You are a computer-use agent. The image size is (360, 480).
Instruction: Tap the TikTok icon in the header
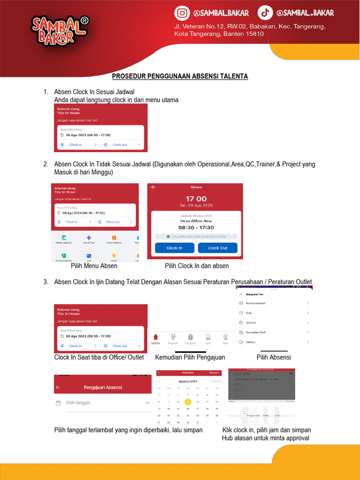(266, 13)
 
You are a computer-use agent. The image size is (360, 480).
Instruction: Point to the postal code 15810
(253, 34)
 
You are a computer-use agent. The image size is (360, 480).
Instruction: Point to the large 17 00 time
(196, 199)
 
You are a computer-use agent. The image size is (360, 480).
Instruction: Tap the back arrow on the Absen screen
(153, 187)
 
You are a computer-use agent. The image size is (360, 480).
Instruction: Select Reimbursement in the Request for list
(255, 303)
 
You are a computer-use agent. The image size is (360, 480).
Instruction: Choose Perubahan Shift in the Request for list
(256, 332)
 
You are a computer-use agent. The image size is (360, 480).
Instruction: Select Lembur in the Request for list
(250, 342)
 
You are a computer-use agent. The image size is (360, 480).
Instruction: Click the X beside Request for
(241, 294)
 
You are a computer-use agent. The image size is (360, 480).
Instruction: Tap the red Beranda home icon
(156, 337)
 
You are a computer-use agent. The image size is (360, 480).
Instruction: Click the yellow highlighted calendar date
(188, 402)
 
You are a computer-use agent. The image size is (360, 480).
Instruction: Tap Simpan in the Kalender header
(214, 373)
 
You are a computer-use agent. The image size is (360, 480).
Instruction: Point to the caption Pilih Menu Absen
(94, 266)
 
